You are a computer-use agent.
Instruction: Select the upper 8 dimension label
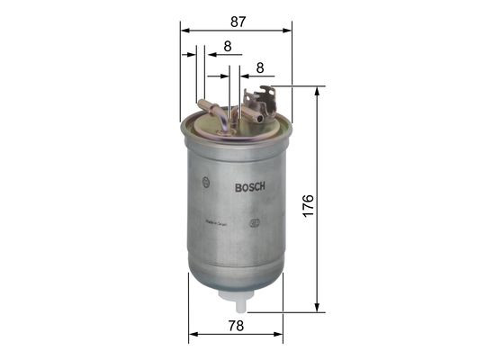(x=228, y=45)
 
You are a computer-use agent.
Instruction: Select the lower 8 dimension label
(x=259, y=67)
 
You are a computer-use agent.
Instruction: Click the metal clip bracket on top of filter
(x=265, y=97)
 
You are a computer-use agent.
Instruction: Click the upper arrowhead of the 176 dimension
(x=316, y=91)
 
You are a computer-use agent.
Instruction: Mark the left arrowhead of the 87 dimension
(x=184, y=30)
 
